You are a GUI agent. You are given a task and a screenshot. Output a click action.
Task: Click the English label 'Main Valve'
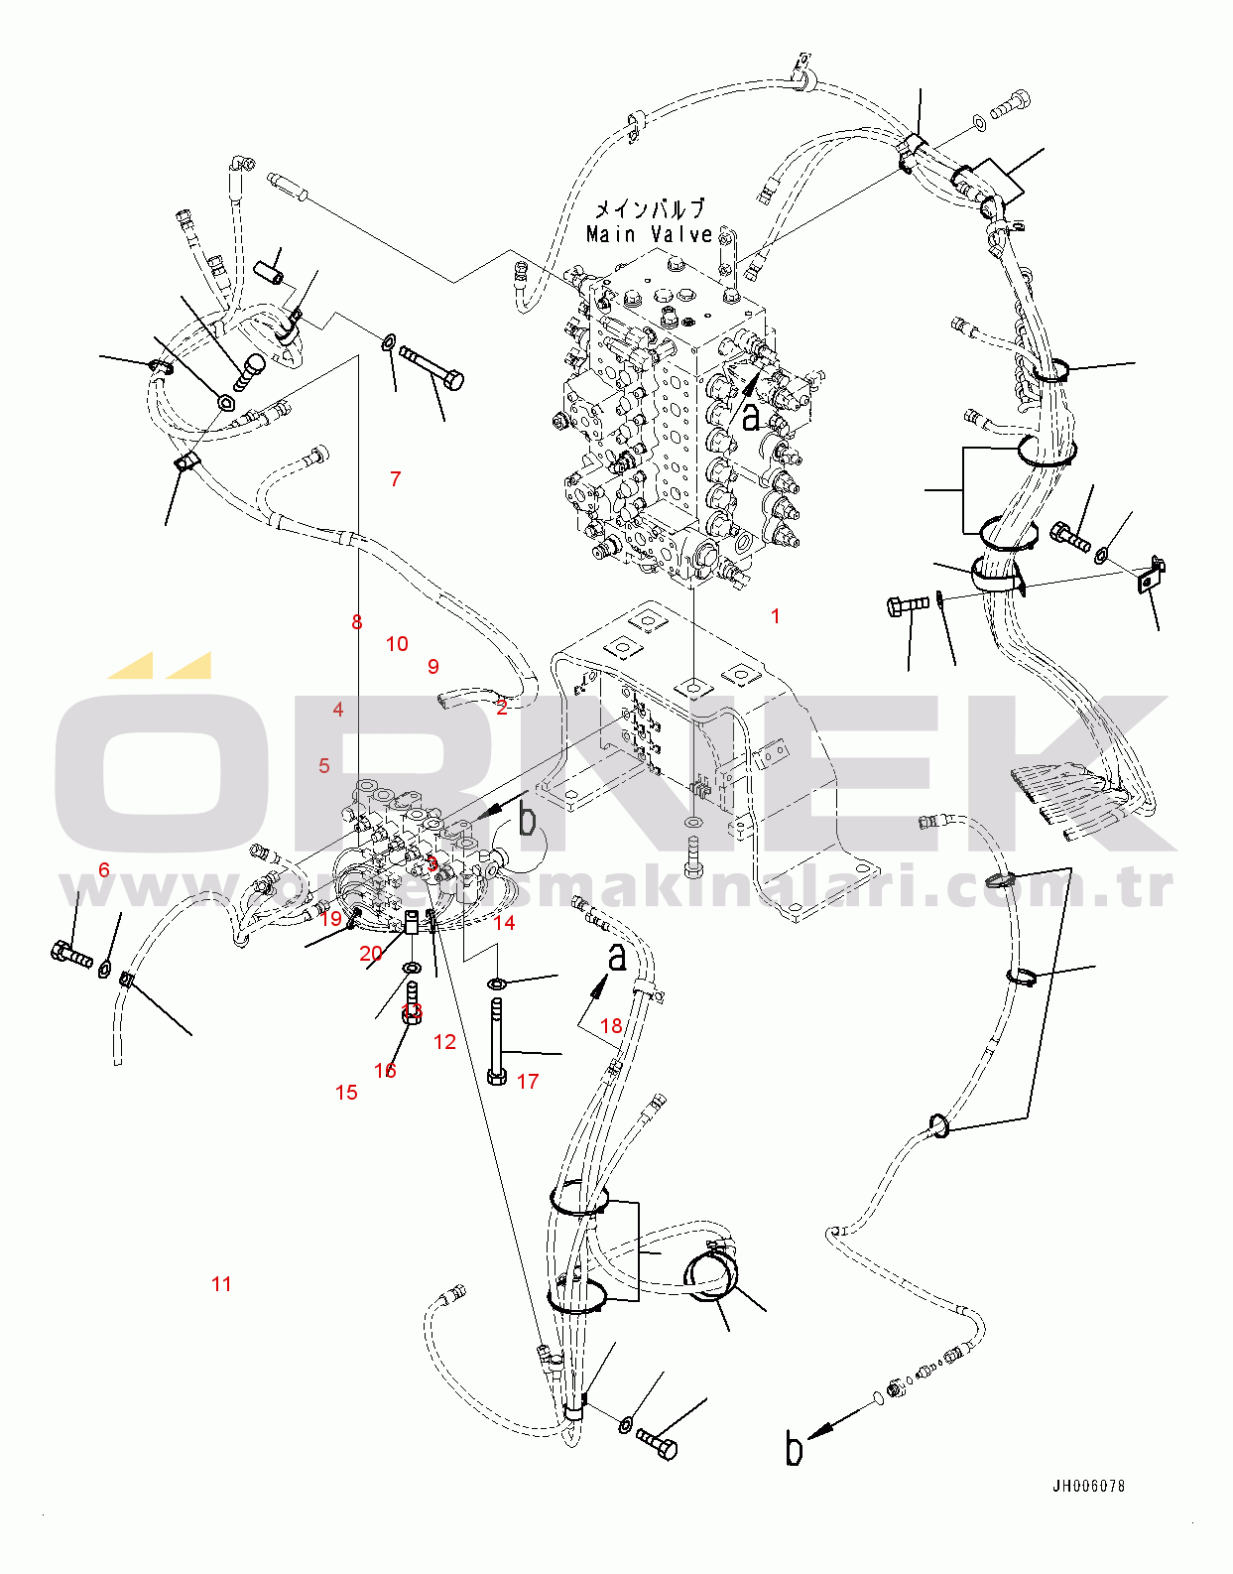click(650, 235)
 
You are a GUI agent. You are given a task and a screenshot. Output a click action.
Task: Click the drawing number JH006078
click(1088, 1486)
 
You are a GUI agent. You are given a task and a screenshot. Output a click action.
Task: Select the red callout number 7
click(396, 479)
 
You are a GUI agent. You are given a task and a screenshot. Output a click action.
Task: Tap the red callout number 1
click(776, 616)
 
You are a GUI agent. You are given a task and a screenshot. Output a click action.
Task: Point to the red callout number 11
click(221, 1284)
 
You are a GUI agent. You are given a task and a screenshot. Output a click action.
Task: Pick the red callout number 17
click(528, 1082)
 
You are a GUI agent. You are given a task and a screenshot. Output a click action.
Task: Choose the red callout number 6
click(104, 870)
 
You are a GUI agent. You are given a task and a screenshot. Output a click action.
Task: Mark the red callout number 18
click(611, 1026)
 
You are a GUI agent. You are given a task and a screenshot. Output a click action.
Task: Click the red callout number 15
click(346, 1093)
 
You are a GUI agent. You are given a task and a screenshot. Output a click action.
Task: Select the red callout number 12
click(444, 1042)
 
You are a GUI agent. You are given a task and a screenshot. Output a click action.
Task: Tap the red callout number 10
click(397, 644)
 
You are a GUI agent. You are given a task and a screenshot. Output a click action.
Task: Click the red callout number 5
click(324, 766)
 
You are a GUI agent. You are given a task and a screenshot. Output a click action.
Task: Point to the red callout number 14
click(504, 923)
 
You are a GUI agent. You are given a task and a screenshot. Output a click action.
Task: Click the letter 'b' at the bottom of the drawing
click(794, 1449)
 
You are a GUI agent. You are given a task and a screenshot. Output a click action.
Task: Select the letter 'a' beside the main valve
click(751, 416)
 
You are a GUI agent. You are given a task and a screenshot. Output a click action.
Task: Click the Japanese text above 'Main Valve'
click(650, 209)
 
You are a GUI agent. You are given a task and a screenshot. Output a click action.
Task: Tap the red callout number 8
click(357, 622)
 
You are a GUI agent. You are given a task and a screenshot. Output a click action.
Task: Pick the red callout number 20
click(371, 954)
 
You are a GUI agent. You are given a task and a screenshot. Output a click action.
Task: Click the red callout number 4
click(338, 710)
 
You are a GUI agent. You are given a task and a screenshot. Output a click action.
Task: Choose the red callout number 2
click(502, 708)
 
